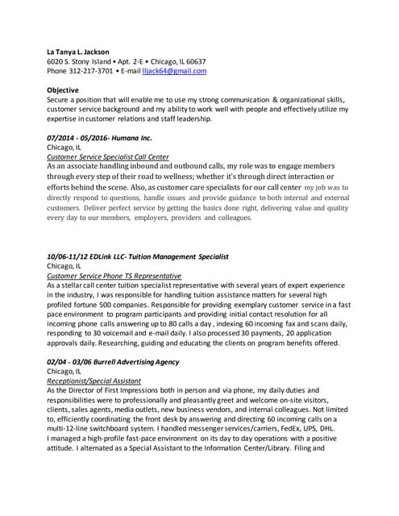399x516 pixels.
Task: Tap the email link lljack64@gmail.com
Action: point(174,71)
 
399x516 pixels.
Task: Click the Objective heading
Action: point(63,90)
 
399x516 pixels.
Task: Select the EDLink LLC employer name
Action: point(119,256)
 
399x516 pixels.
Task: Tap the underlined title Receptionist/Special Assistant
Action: point(94,380)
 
